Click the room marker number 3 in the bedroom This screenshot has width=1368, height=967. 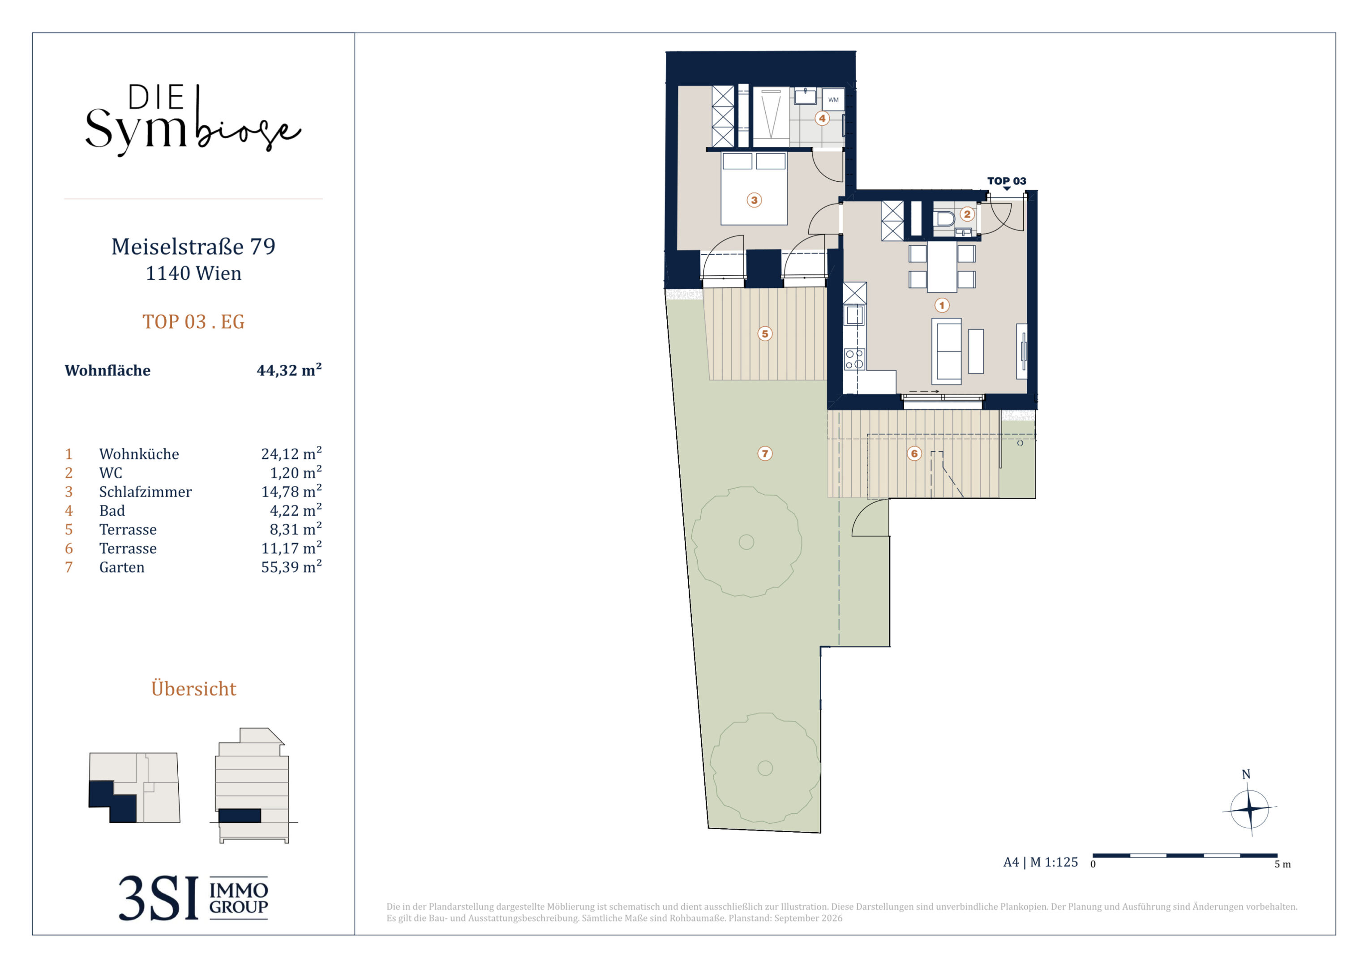pyautogui.click(x=755, y=200)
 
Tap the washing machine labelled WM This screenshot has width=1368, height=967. pyautogui.click(x=833, y=100)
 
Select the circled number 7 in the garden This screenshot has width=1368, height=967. pyautogui.click(x=765, y=454)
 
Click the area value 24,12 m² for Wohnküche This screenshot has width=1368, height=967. pyautogui.click(x=292, y=454)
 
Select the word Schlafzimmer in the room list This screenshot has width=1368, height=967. pyautogui.click(x=146, y=492)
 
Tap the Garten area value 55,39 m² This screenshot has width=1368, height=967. pyautogui.click(x=292, y=567)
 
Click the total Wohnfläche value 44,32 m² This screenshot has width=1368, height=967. pyautogui.click(x=289, y=370)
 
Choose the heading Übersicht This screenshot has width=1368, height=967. pyautogui.click(x=193, y=688)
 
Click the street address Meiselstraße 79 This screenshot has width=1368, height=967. pyautogui.click(x=193, y=246)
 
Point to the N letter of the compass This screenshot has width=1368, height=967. pyautogui.click(x=1246, y=774)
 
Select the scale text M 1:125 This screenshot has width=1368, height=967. pyautogui.click(x=1054, y=862)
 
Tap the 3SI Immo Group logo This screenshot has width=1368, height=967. pyautogui.click(x=193, y=898)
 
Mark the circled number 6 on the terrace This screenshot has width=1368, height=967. pyautogui.click(x=914, y=454)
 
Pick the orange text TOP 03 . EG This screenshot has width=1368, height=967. pyautogui.click(x=193, y=322)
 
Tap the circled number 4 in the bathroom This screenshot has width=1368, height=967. pyautogui.click(x=822, y=118)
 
